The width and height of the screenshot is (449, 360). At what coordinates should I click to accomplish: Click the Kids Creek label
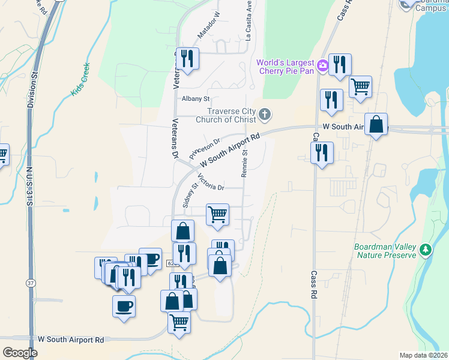(x=80, y=79)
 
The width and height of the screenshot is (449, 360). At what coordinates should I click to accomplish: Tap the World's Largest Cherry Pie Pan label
(x=286, y=67)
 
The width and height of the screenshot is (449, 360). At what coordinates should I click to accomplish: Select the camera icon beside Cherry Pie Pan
(x=322, y=65)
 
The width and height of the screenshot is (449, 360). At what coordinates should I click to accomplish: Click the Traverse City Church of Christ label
(x=231, y=114)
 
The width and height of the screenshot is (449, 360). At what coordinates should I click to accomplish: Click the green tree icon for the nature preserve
(x=426, y=249)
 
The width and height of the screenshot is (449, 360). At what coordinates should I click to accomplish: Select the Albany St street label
(x=196, y=98)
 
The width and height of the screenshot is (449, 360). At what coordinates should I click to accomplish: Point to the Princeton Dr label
(x=205, y=148)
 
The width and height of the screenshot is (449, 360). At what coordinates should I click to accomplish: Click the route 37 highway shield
(x=31, y=283)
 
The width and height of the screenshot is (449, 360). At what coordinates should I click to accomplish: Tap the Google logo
(x=20, y=352)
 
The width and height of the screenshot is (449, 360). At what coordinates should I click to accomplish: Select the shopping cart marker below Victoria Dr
(x=217, y=214)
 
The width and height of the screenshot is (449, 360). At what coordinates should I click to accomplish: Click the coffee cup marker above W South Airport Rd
(x=124, y=306)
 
